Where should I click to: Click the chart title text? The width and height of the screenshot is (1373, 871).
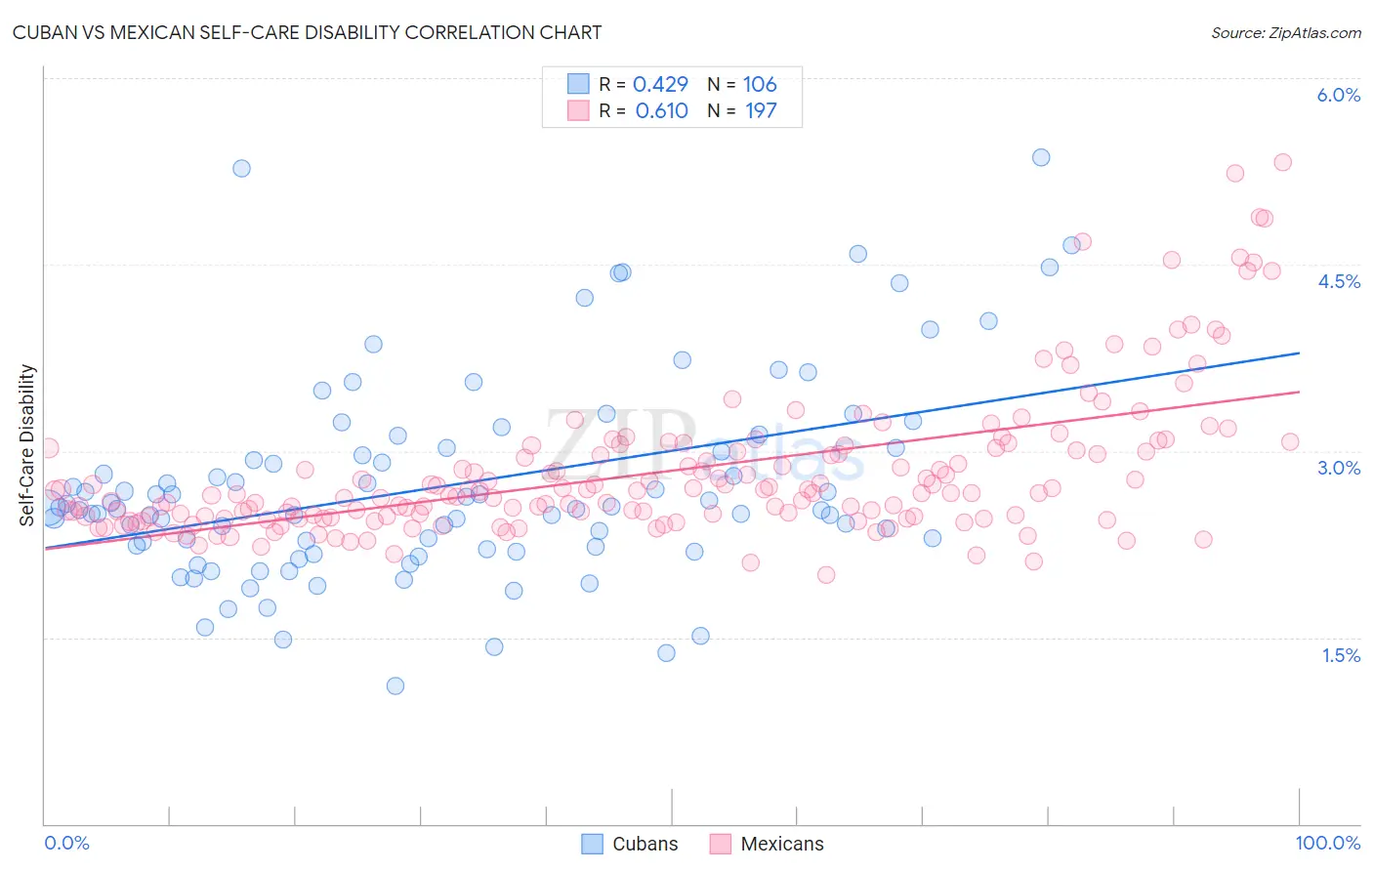point(307,32)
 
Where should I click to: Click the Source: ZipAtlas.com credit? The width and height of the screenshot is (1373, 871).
point(1285,32)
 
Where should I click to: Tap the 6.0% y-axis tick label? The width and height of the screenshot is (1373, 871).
point(1338,95)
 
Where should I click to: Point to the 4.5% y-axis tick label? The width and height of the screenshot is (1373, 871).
point(1338,281)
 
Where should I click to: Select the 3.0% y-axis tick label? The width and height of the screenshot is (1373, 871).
point(1338,468)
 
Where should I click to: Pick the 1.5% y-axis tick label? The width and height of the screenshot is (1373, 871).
point(1340,655)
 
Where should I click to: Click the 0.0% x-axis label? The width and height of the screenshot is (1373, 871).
point(66,843)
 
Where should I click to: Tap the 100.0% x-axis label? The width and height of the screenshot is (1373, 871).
point(1327,843)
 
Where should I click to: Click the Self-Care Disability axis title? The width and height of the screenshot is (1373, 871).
point(27,445)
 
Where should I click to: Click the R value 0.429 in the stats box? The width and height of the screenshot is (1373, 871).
point(660,85)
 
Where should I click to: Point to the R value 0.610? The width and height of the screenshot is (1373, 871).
point(661,111)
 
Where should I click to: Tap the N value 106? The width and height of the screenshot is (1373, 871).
point(760,85)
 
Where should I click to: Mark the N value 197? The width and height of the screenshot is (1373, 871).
point(761,111)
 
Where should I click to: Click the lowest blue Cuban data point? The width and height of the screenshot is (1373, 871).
point(395,685)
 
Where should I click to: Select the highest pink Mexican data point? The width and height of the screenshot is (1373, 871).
point(1283,162)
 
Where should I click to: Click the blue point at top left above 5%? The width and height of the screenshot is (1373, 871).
point(241,168)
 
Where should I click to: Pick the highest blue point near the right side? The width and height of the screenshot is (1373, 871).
point(1041,157)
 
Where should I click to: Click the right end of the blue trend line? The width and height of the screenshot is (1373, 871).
point(1299,353)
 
